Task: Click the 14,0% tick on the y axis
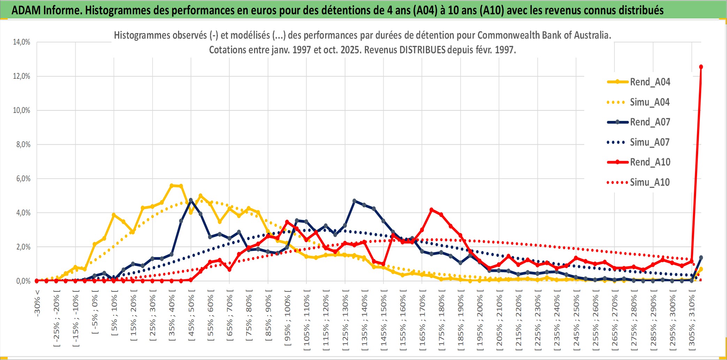[x=22, y=42]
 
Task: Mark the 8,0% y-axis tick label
[x=23, y=145]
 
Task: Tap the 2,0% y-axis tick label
[x=23, y=247]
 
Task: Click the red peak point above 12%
[x=701, y=67]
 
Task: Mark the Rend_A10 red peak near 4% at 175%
[x=431, y=210]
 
